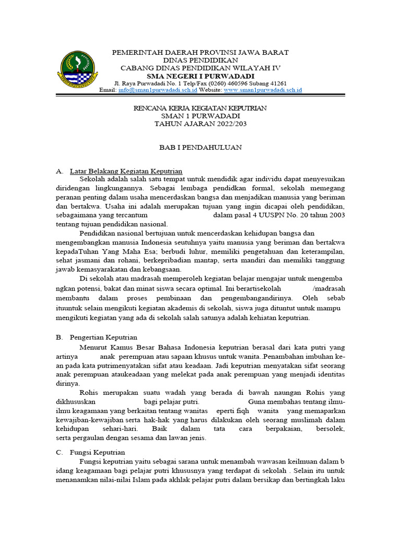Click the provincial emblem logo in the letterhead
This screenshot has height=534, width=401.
pos(78,69)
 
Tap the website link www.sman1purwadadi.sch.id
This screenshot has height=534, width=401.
pos(263,90)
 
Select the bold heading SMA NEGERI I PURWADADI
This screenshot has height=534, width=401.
pos(201,76)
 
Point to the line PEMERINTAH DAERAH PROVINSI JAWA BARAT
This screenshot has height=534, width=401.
pos(201,53)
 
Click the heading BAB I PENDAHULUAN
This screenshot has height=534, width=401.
pos(200,148)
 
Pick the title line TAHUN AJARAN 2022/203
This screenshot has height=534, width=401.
pos(200,124)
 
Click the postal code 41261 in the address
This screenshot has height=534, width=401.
pos(276,83)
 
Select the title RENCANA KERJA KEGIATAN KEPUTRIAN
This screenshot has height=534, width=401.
pos(200,108)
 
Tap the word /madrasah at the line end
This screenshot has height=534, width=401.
pos(328,288)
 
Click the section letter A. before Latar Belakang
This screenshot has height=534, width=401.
pos(59,171)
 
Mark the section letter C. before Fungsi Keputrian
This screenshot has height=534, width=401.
pos(59,452)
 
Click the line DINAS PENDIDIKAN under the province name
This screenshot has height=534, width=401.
pos(201,60)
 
